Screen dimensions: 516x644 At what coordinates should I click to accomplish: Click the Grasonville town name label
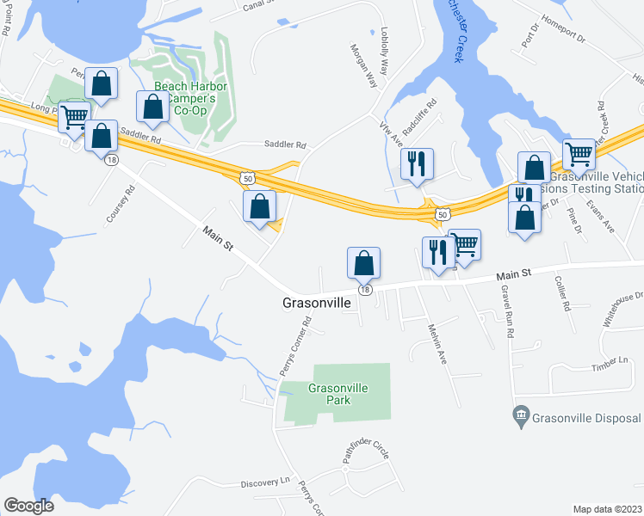point(318,304)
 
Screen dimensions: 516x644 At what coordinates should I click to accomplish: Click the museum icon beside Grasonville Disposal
point(520,417)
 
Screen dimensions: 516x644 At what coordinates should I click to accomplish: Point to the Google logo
point(28,506)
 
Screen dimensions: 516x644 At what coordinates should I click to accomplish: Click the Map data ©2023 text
point(607,509)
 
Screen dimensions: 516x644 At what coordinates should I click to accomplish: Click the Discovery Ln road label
point(267,482)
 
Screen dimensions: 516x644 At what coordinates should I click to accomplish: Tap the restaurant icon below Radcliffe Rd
point(417,163)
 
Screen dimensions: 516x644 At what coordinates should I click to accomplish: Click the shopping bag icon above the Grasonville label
point(363,262)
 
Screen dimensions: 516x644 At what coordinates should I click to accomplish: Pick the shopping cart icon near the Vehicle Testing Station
point(579,155)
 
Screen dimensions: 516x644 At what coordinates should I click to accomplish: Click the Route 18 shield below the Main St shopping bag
point(366,291)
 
